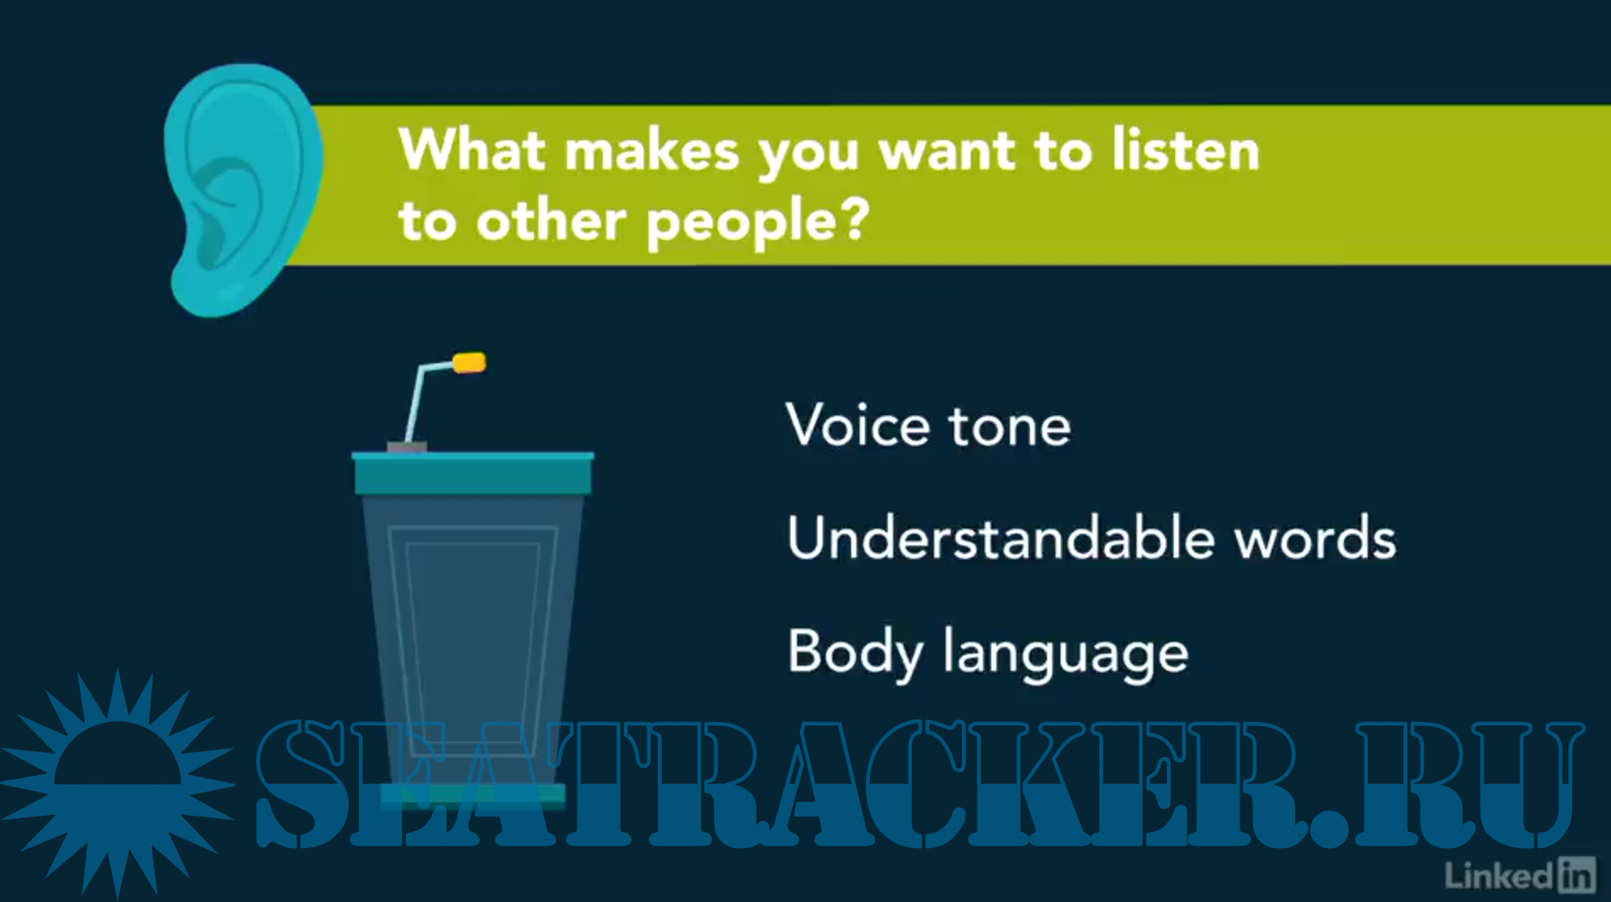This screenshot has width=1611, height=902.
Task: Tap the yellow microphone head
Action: pyautogui.click(x=469, y=362)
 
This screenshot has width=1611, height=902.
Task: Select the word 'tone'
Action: pyautogui.click(x=1010, y=426)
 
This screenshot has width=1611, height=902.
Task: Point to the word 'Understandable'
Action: pyautogui.click(x=1000, y=537)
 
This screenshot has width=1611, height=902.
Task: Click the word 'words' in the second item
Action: pyautogui.click(x=1315, y=537)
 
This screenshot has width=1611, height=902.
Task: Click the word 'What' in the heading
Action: pyautogui.click(x=472, y=149)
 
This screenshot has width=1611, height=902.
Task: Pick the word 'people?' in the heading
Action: pyautogui.click(x=757, y=223)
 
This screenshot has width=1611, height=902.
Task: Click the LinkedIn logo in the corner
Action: pyautogui.click(x=1520, y=875)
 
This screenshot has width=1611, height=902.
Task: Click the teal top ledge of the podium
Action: pyautogui.click(x=473, y=473)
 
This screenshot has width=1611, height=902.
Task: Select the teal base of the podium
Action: pyautogui.click(x=473, y=795)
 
